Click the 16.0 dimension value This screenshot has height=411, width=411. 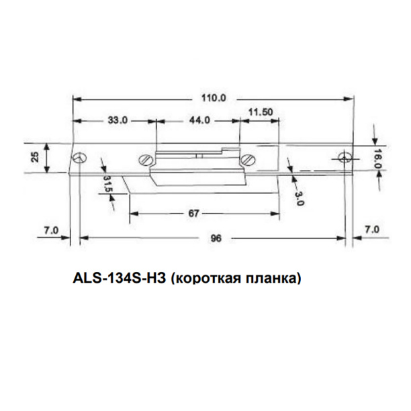click(378, 157)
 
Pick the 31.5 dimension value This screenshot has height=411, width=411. click(108, 184)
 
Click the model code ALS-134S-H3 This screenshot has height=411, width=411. click(118, 276)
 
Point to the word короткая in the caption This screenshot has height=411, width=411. click(207, 276)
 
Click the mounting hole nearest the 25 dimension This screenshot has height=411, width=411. click(80, 158)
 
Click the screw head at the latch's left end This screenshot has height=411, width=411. click(145, 160)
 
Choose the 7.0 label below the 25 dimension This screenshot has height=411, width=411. click(51, 230)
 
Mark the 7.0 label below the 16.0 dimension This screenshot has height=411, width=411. click(371, 230)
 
